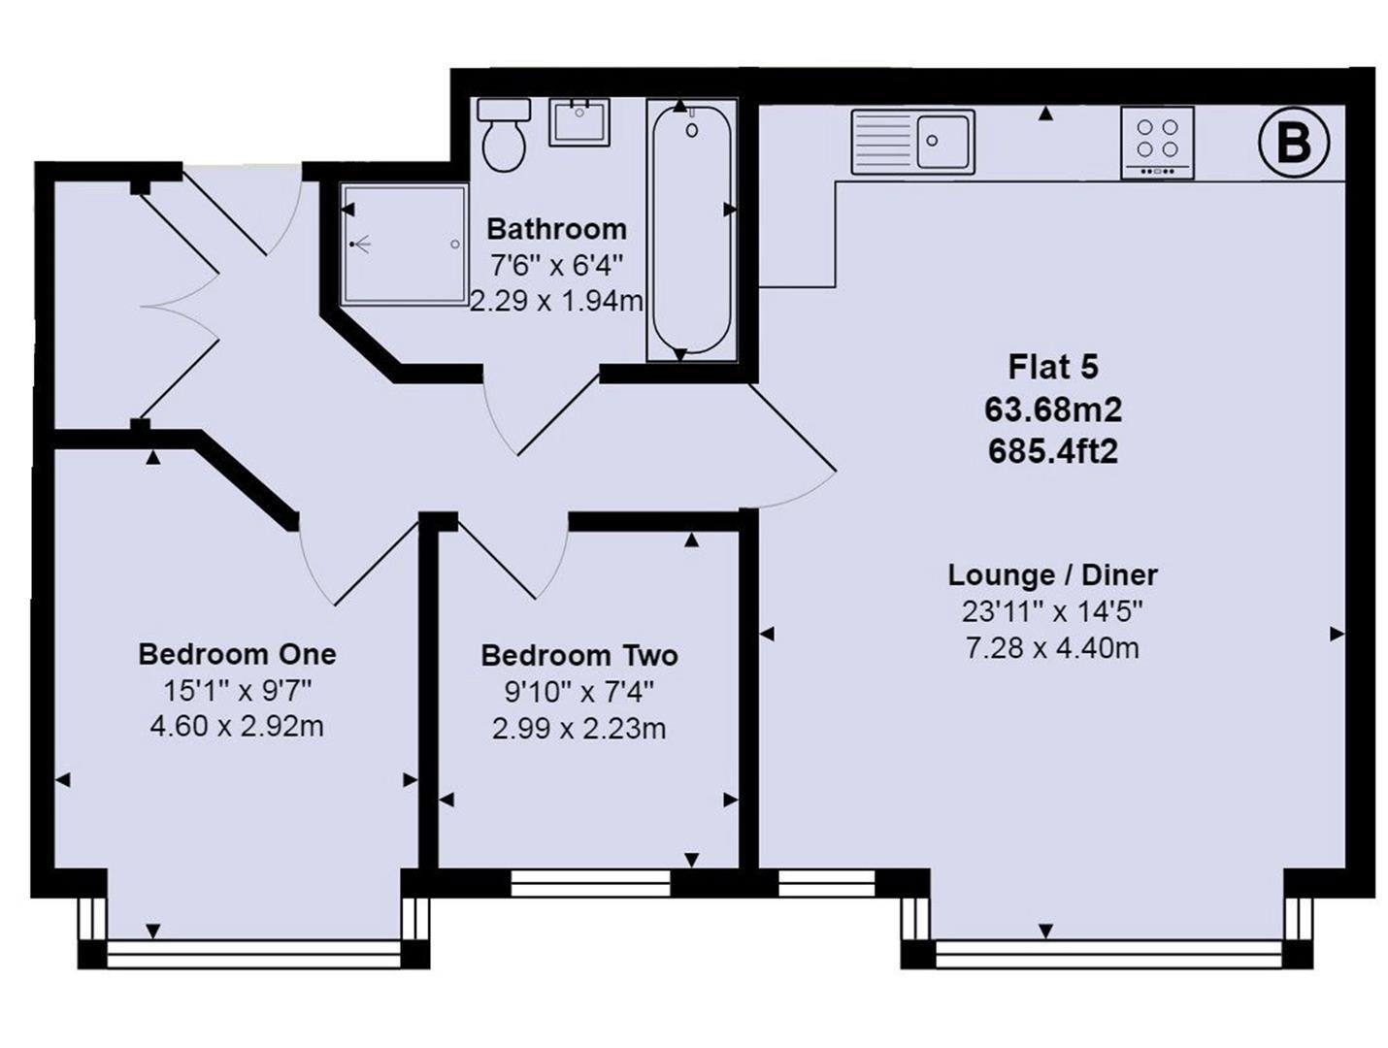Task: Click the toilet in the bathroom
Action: click(x=504, y=135)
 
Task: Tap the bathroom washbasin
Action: click(x=578, y=122)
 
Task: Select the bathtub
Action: click(x=691, y=230)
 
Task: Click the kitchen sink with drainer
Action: click(x=912, y=142)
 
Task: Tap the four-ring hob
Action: click(x=1158, y=143)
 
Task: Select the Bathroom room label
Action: click(x=556, y=229)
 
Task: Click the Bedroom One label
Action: click(x=237, y=654)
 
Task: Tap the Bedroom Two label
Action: click(x=579, y=655)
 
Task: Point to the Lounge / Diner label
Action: click(x=1053, y=575)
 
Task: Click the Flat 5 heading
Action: click(x=1053, y=367)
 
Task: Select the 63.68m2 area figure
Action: click(x=1053, y=409)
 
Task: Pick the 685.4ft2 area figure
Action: click(x=1053, y=451)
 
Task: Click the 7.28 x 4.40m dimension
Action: click(x=1053, y=648)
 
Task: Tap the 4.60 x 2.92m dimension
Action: click(x=237, y=726)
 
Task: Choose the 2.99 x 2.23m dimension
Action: click(x=579, y=729)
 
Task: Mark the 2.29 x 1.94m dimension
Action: click(x=556, y=301)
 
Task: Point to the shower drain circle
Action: click(x=454, y=244)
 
